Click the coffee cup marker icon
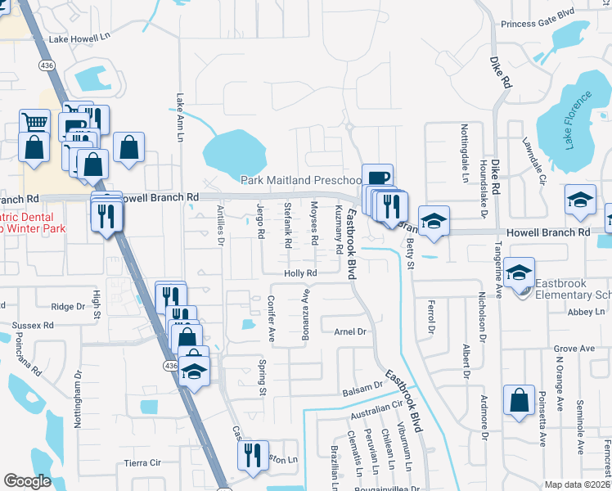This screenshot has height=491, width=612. pyautogui.click(x=377, y=178)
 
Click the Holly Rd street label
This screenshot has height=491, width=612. pyautogui.click(x=300, y=273)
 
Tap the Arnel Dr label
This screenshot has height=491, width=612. pyautogui.click(x=350, y=331)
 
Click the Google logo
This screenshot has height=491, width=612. pyautogui.click(x=27, y=481)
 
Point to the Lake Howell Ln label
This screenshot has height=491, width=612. pyautogui.click(x=79, y=38)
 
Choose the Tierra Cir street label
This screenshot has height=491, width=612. pyautogui.click(x=142, y=462)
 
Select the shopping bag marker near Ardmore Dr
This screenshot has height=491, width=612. pyautogui.click(x=519, y=402)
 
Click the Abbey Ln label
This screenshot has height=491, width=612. pyautogui.click(x=588, y=312)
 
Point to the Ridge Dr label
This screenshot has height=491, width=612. pyautogui.click(x=68, y=306)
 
